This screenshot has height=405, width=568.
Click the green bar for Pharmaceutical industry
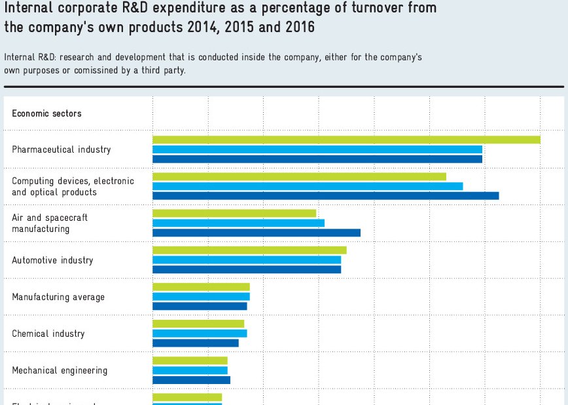346,140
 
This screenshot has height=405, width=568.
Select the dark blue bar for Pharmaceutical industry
317,159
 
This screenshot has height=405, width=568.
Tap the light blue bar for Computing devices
308,186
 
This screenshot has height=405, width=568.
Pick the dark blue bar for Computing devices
325,195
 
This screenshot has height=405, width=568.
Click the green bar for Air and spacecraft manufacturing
234,214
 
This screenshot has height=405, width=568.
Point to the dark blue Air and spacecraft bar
257,232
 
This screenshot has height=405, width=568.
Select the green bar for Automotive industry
249,250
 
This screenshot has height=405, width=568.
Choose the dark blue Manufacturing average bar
200,306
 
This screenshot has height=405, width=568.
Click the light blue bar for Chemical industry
200,334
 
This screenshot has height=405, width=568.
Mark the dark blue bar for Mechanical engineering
191,379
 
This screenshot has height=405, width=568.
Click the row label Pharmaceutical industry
62,149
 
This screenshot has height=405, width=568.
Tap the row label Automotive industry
52,260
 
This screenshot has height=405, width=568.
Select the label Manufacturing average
58,297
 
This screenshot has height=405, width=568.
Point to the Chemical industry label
48,334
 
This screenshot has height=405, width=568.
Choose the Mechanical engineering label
60,370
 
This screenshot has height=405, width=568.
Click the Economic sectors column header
46,113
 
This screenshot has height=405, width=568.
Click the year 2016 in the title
299,28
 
